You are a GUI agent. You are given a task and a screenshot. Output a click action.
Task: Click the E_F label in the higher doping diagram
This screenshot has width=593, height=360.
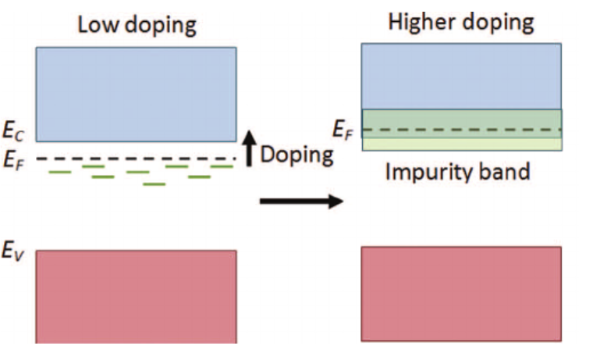343,129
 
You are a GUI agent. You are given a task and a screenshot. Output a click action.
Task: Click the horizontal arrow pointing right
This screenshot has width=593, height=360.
300,201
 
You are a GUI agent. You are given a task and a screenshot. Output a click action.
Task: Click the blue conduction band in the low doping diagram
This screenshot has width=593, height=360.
136,94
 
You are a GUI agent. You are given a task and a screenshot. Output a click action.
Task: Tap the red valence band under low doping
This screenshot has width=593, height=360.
136,296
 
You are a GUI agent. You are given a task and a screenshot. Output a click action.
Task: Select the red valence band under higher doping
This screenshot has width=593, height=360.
461,294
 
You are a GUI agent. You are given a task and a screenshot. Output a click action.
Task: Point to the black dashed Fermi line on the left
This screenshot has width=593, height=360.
136,159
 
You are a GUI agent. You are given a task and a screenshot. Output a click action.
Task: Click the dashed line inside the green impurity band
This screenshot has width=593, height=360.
461,130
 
